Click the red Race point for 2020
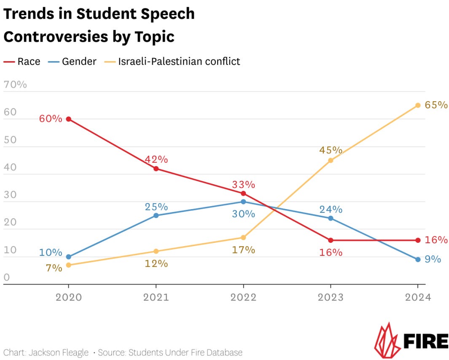69,119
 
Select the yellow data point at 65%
418,105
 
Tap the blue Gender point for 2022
243,202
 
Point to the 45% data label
331,150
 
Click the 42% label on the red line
156,160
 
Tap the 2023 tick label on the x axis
331,297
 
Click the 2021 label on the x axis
156,297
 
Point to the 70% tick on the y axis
15,85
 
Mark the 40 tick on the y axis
10,167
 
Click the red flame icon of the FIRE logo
385,340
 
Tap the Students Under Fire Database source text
185,352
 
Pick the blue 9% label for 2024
433,260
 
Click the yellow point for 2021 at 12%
156,251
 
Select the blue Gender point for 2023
331,218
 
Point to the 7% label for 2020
54,268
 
